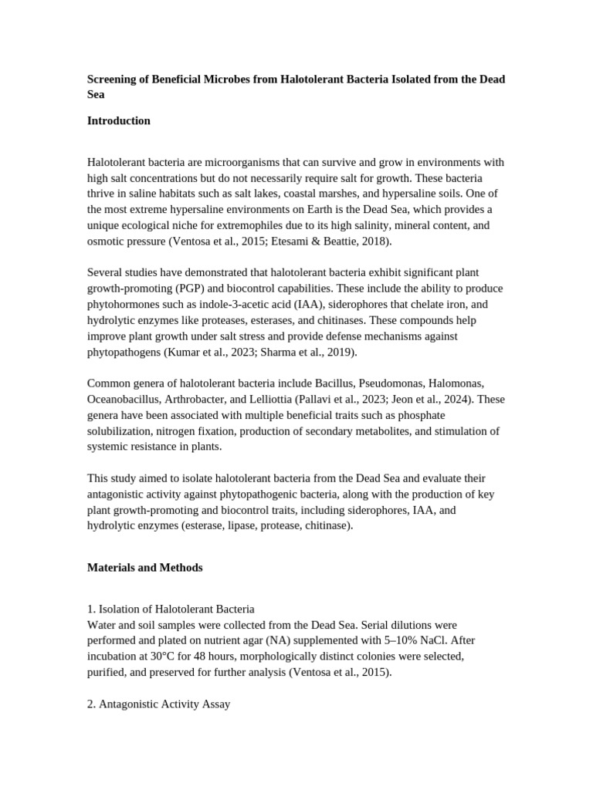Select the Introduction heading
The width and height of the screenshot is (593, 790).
tap(118, 121)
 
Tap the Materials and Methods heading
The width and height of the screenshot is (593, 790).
tap(144, 568)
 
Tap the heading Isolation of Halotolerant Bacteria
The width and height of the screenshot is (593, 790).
tap(176, 609)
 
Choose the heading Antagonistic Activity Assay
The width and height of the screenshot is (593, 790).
tap(164, 704)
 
